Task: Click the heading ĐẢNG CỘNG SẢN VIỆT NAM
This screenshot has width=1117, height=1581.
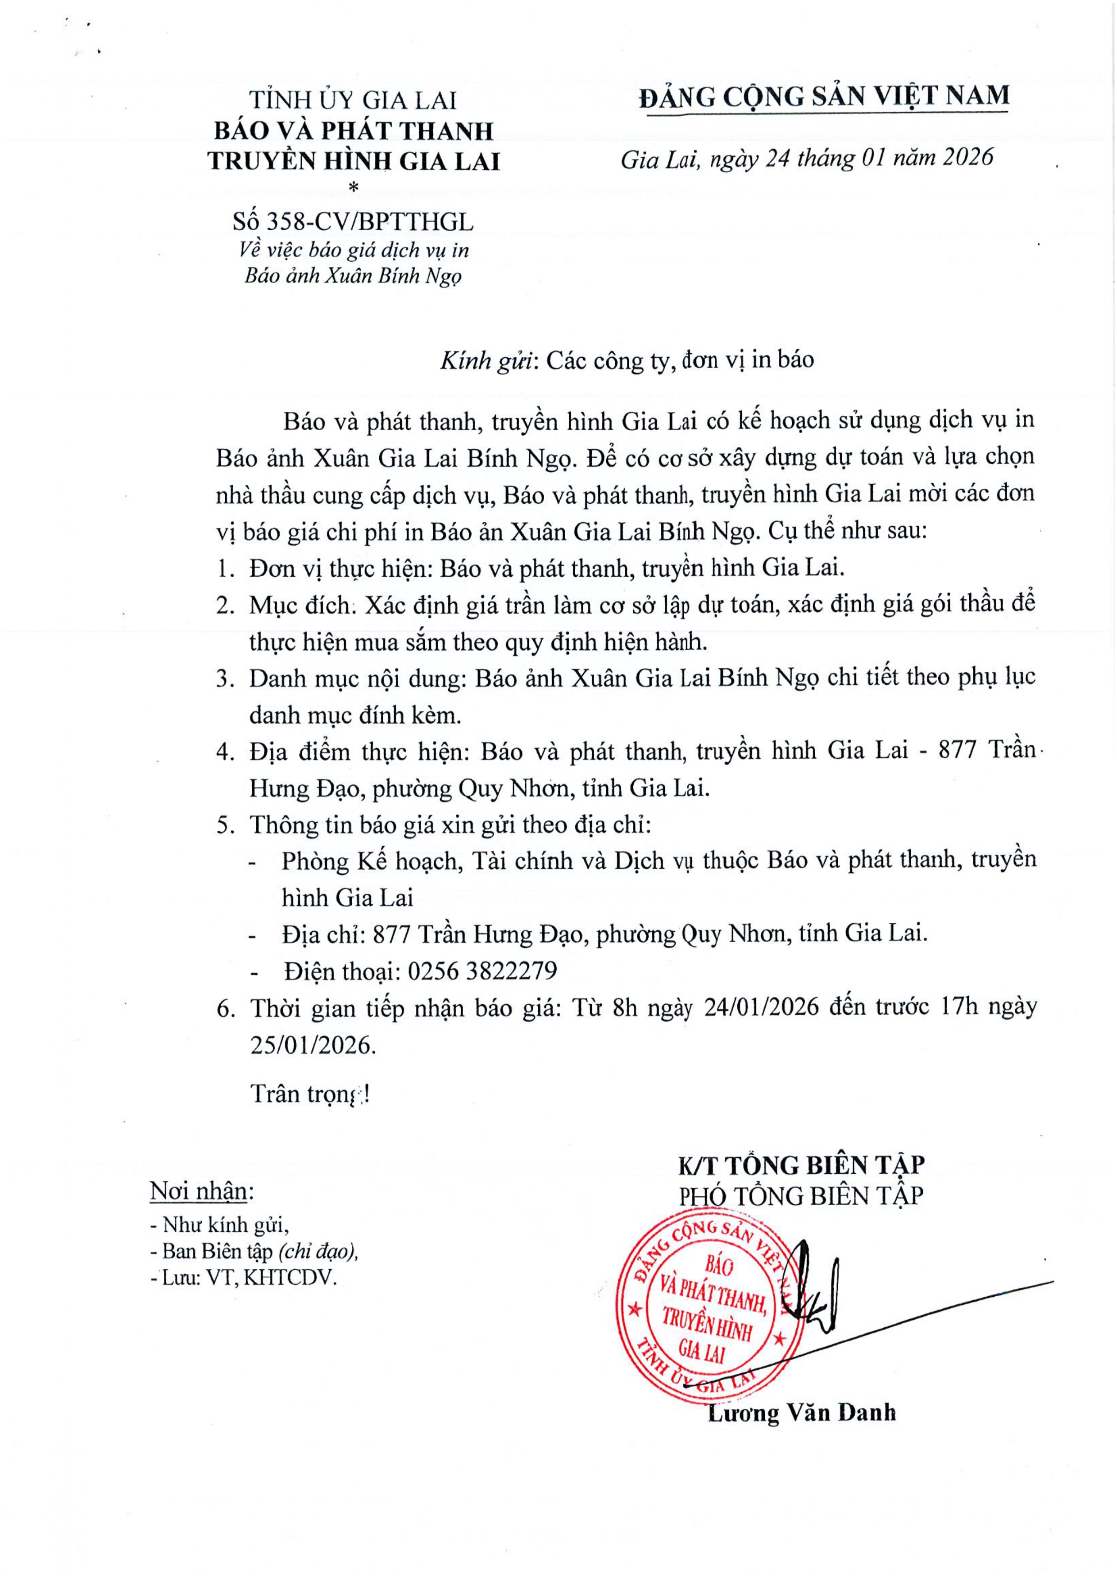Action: click(824, 96)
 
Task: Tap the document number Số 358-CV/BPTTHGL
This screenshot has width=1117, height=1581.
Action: click(353, 222)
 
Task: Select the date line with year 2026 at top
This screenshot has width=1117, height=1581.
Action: click(807, 159)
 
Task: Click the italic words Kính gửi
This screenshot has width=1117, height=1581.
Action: click(487, 360)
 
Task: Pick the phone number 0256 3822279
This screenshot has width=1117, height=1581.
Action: click(482, 971)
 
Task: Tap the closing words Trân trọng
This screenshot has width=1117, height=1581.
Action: click(309, 1093)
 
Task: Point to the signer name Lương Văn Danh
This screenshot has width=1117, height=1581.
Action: click(802, 1413)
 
